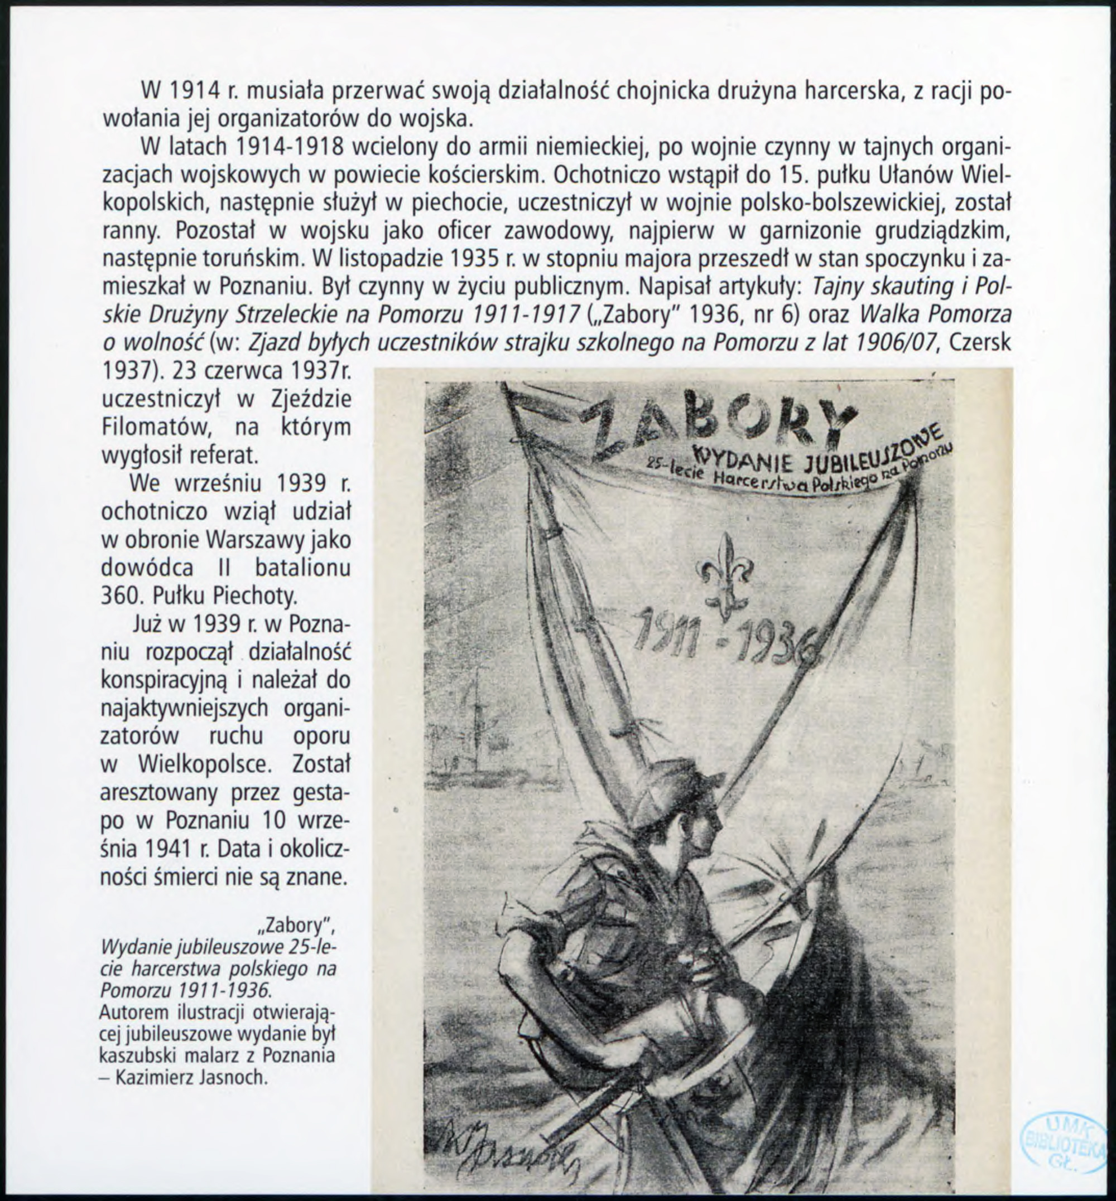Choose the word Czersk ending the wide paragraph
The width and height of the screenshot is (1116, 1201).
pyautogui.click(x=981, y=343)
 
